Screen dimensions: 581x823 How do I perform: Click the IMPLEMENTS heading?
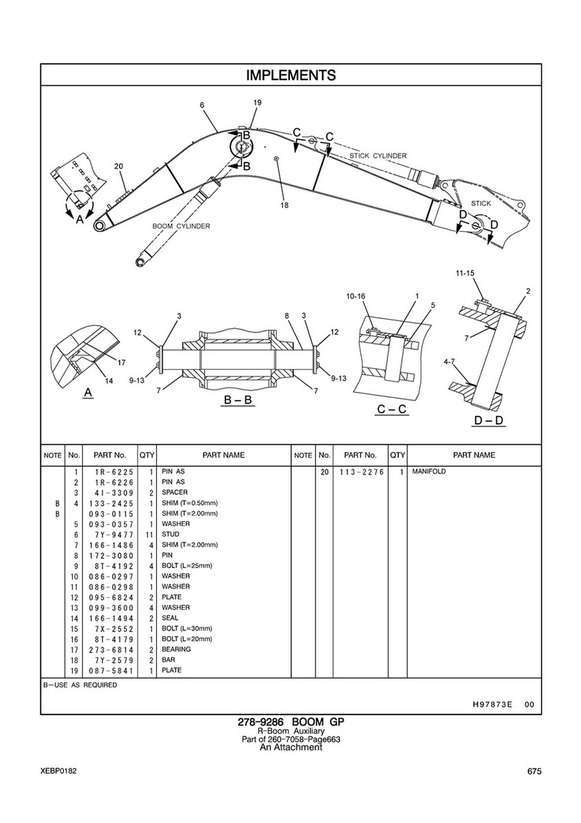291,75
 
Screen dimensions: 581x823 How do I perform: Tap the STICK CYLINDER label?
378,156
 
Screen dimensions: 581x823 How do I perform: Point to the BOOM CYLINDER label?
181,226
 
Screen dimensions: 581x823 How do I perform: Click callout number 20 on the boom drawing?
119,166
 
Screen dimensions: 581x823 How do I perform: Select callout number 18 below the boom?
284,205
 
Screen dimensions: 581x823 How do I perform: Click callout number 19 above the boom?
257,103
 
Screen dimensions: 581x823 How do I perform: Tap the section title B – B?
238,400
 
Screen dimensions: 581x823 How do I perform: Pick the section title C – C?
391,409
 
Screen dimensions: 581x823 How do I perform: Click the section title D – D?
489,420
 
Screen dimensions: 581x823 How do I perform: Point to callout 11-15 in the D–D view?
465,273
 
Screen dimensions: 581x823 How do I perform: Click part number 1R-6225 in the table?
111,472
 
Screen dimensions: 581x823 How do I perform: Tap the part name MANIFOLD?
429,471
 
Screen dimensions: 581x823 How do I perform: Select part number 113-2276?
362,472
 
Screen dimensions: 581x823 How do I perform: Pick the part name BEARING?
176,649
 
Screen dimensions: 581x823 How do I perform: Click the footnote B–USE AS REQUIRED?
80,685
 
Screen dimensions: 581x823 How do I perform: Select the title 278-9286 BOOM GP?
291,722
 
